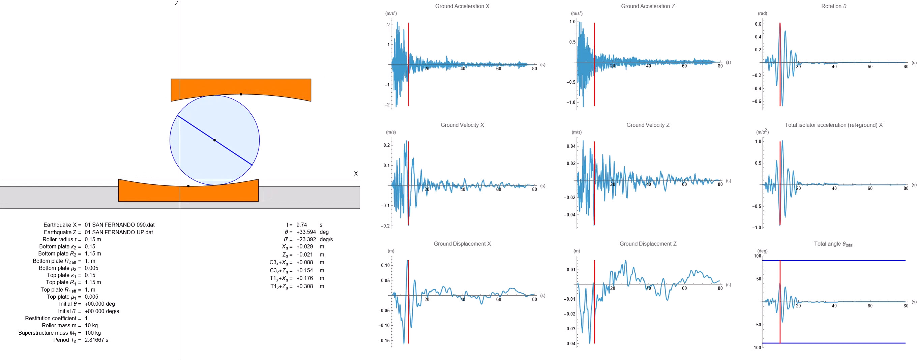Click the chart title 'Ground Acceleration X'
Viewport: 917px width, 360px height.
coord(462,6)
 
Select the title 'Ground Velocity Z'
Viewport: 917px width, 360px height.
coord(648,125)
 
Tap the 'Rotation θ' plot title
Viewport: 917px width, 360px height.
coord(833,6)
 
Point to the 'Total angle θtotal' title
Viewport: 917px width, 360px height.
coord(833,244)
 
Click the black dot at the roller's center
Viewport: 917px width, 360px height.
coord(215,140)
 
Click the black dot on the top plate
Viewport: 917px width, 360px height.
coord(241,94)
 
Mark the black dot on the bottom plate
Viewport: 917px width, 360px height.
coord(188,186)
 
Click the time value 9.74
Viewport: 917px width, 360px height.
coord(301,225)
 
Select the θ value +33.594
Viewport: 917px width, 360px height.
coord(306,232)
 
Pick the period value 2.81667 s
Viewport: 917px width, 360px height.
coord(96,340)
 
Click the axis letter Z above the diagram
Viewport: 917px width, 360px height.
coord(177,3)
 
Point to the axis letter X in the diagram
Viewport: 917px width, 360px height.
coord(356,174)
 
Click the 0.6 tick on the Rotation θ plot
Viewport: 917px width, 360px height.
coord(758,24)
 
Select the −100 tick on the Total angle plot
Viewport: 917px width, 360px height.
coord(756,348)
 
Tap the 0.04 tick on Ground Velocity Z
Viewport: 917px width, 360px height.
coord(571,146)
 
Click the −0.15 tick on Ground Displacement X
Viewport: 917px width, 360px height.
coord(384,341)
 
